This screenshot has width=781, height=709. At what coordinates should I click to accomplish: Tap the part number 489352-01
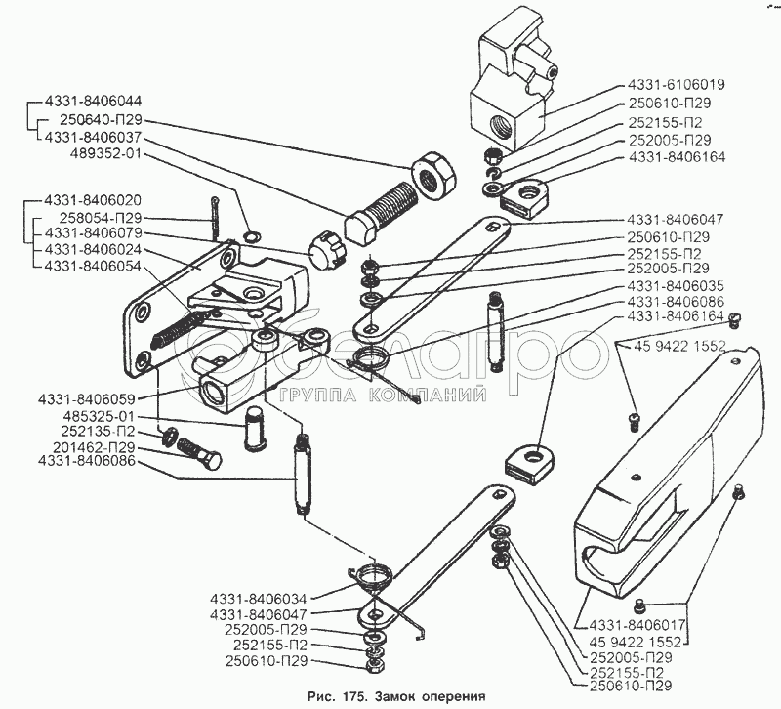(103, 153)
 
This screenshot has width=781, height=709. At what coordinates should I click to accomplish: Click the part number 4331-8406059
(87, 398)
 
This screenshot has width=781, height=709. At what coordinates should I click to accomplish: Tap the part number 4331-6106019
(678, 86)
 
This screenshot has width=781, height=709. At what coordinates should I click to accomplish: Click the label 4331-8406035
(678, 286)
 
